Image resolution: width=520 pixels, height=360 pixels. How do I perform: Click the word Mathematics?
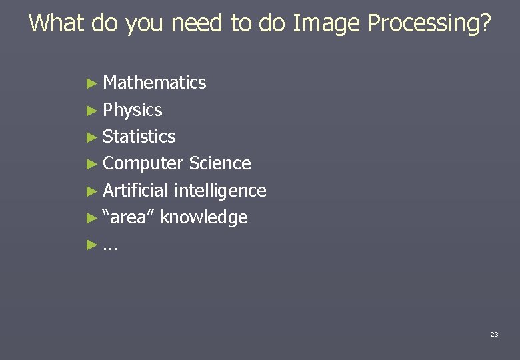pos(155,83)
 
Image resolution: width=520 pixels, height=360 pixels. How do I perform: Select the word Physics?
pos(133,110)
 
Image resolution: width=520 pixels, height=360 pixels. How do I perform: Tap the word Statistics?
pos(139,137)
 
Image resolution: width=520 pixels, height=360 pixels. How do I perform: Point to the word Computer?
pos(143,164)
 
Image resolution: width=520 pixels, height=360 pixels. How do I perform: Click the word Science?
pos(220,163)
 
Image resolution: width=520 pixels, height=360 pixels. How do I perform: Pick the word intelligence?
pos(220,191)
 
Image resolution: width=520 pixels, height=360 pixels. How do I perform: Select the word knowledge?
pos(204,218)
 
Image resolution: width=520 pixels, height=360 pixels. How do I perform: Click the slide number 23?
pos(494,334)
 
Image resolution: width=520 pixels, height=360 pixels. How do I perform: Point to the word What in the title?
pos(57,23)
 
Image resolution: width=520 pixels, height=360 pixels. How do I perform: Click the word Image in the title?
pos(327,23)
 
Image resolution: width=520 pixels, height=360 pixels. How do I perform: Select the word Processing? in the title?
pos(429,24)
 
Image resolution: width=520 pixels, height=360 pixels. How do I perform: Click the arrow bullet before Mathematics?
pos(92,83)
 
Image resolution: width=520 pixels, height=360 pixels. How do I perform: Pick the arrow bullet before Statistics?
pos(92,137)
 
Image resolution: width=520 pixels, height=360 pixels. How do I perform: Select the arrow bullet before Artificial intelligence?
pos(92,191)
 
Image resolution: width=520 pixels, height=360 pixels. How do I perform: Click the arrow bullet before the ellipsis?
pos(92,245)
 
